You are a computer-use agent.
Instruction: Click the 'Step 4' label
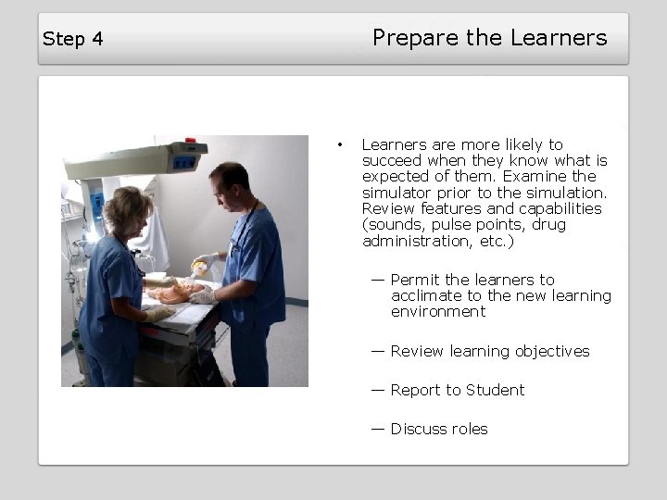coord(72,39)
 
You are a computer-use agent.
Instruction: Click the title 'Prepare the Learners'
coord(489,38)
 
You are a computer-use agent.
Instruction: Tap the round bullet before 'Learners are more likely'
coord(341,144)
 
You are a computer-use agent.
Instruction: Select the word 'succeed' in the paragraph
coord(390,160)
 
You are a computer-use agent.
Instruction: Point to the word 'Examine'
coord(535,176)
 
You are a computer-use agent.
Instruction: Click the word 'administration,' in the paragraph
coord(411,241)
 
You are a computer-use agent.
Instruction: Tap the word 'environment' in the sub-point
coord(438,312)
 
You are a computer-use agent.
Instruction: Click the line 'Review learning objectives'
coord(489,351)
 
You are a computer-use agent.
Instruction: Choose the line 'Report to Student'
coord(457,390)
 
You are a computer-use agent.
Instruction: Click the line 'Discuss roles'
coord(438,429)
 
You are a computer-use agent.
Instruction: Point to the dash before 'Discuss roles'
coord(378,429)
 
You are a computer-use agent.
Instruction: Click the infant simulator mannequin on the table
coord(176,294)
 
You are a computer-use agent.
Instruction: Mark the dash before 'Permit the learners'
coord(378,279)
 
